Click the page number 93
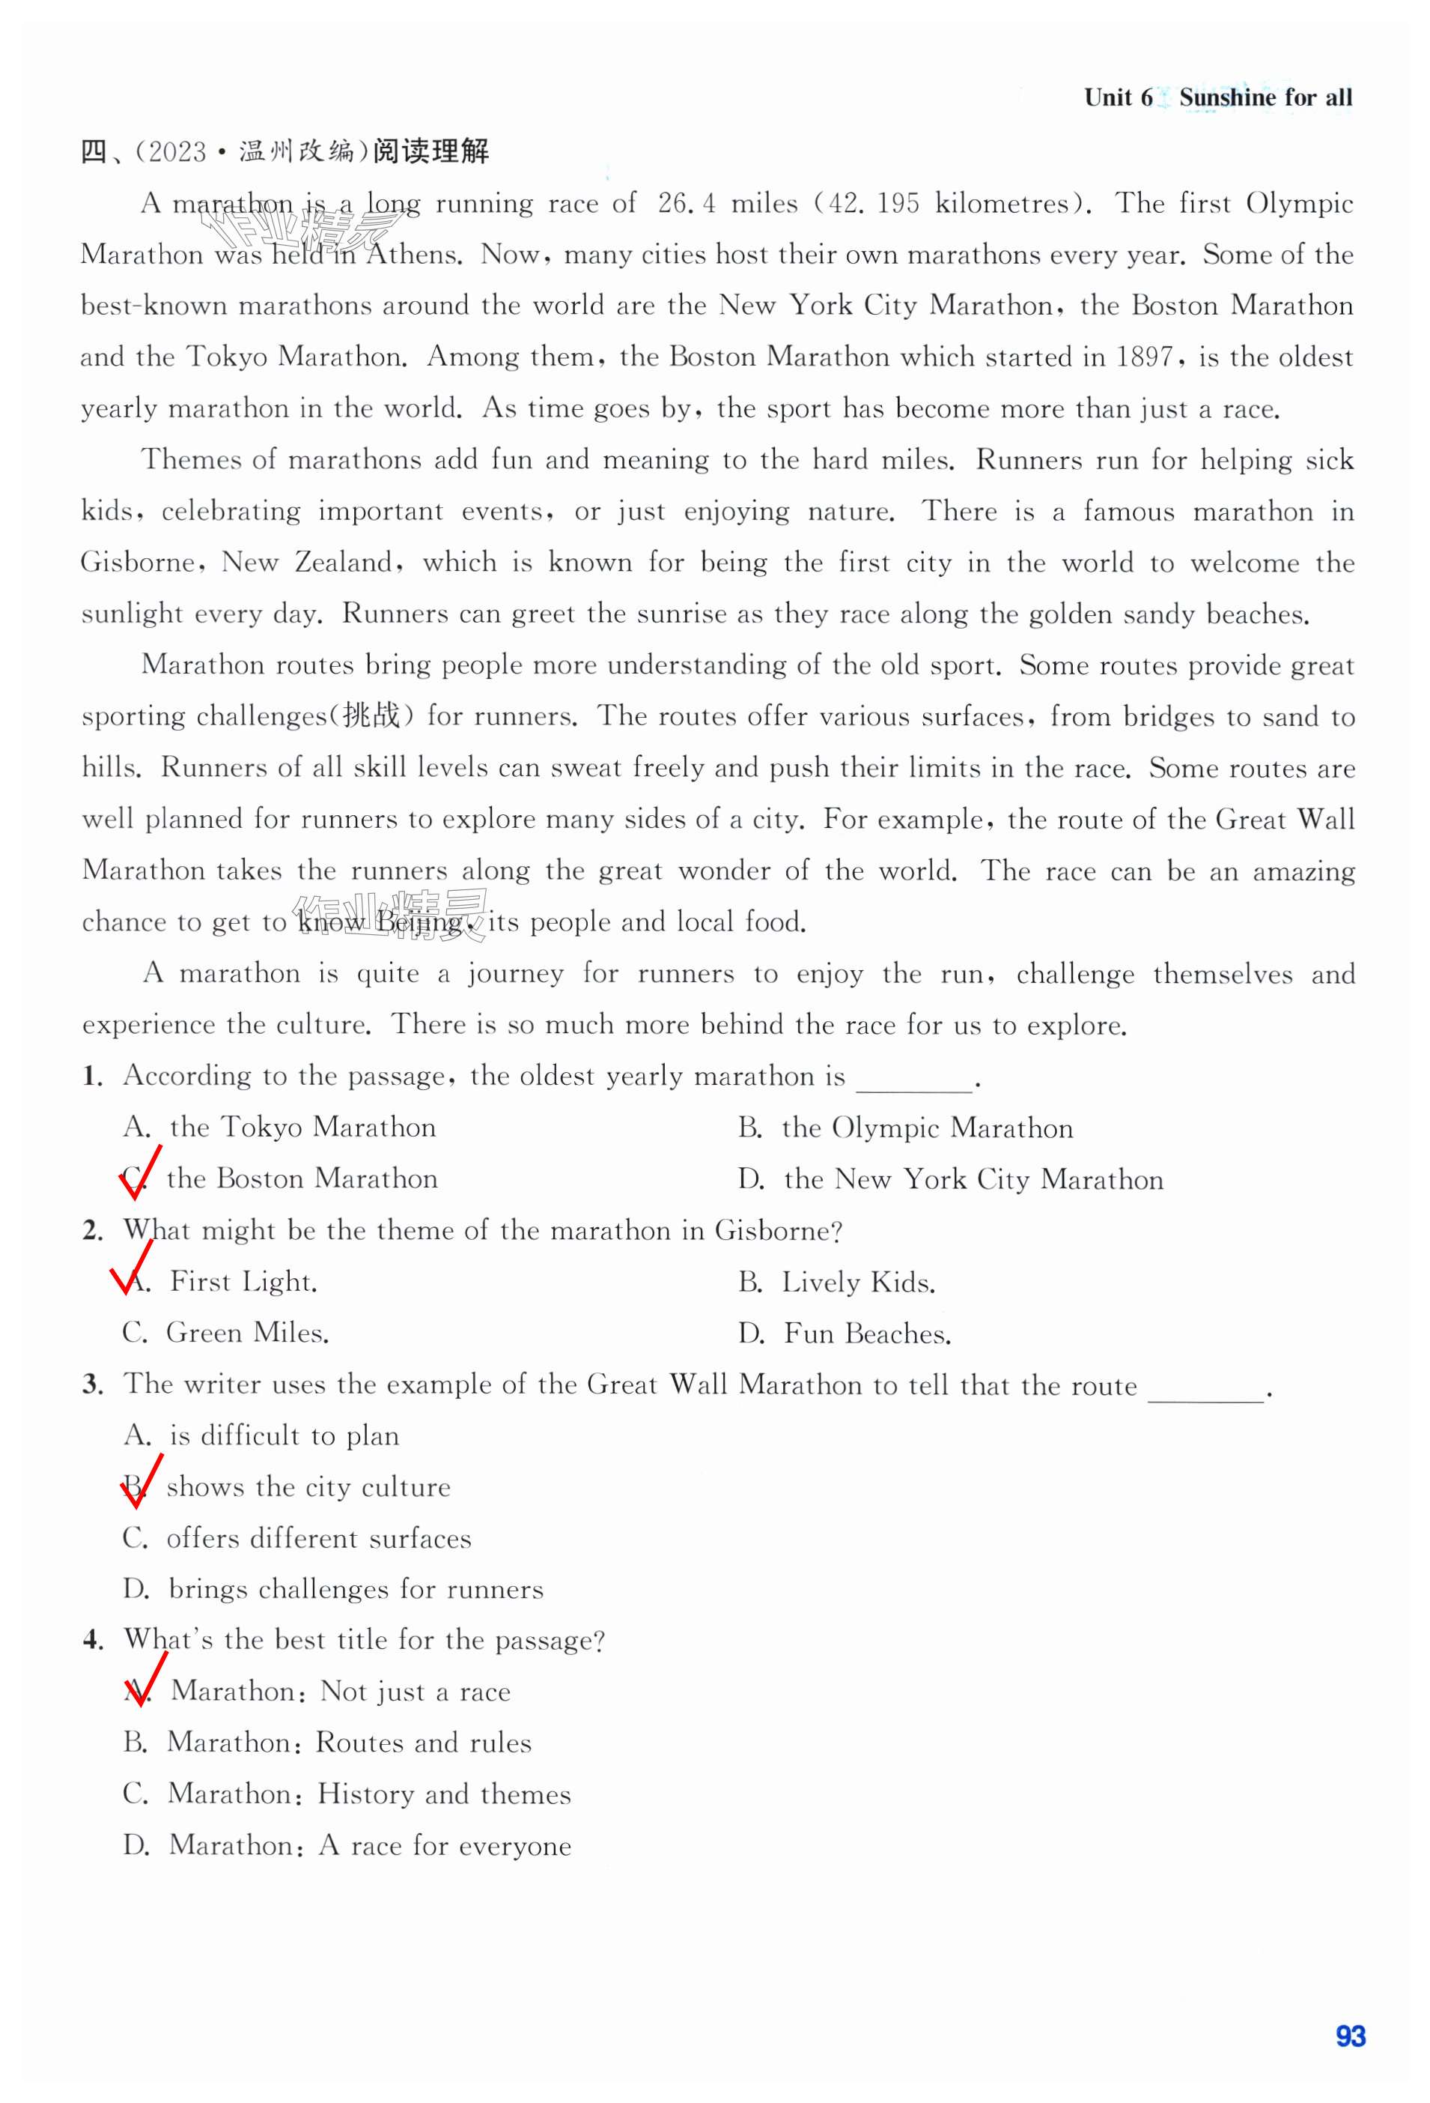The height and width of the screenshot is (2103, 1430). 1349,2036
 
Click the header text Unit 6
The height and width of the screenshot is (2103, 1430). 1118,97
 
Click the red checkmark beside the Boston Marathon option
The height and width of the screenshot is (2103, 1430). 140,1172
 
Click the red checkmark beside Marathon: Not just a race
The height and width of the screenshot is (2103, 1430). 144,1680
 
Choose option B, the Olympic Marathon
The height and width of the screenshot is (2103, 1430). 905,1128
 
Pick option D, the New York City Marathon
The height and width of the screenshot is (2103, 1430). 951,1180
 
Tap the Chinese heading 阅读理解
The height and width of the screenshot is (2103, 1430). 430,151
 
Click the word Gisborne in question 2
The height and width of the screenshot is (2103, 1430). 773,1231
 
